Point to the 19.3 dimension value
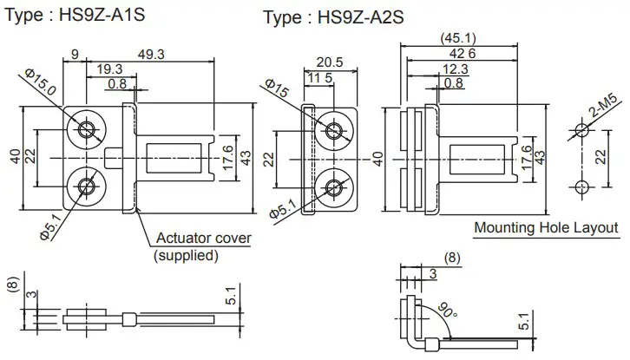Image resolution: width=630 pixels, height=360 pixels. pyautogui.click(x=109, y=69)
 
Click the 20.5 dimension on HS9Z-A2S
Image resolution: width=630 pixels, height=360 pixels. pyautogui.click(x=330, y=62)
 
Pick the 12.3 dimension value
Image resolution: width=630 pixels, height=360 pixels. pyautogui.click(x=455, y=69)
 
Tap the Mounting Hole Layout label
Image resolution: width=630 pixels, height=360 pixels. pyautogui.click(x=546, y=228)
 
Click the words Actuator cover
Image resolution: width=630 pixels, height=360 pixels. pyautogui.click(x=203, y=239)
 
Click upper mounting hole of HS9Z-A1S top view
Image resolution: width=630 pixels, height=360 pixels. pyautogui.click(x=87, y=130)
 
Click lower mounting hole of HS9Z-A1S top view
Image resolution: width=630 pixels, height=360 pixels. pyautogui.click(x=87, y=186)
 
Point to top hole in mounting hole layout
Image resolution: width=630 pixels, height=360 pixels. pyautogui.click(x=581, y=131)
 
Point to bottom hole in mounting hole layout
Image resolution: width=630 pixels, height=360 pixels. pyautogui.click(x=581, y=187)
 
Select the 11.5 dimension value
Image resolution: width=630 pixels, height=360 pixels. pyautogui.click(x=320, y=79)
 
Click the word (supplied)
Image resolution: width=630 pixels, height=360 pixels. pyautogui.click(x=186, y=255)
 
